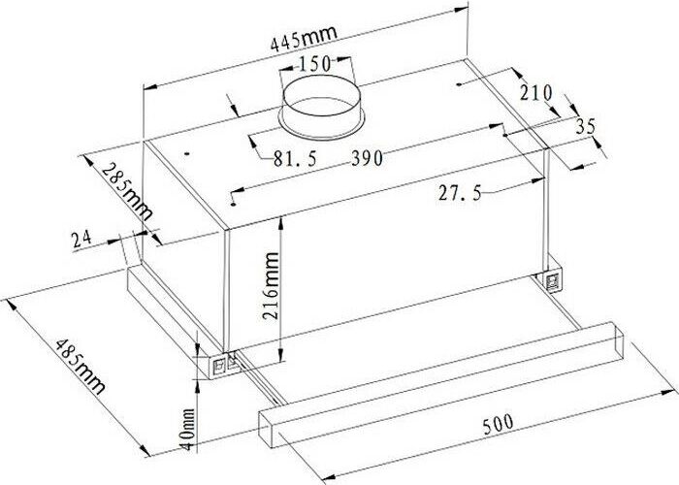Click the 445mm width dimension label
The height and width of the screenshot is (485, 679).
tap(303, 38)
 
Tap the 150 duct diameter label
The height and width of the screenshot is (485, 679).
tap(315, 64)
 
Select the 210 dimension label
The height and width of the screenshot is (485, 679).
tap(536, 93)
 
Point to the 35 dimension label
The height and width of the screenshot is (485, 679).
tap(586, 126)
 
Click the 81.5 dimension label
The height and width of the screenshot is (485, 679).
tap(295, 159)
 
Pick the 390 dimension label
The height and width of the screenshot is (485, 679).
tap(367, 158)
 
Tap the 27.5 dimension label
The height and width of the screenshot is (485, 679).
tap(460, 192)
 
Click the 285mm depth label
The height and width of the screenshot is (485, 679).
tap(127, 191)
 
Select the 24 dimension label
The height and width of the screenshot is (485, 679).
tap(81, 239)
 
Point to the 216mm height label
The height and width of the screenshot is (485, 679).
tap(271, 286)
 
